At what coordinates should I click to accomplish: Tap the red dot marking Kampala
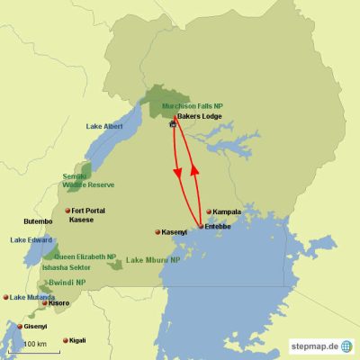point(209,212)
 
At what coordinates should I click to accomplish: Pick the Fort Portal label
point(90,211)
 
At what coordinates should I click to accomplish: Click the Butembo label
point(38,220)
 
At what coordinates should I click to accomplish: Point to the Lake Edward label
point(31,240)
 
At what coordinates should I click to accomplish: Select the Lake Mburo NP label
point(152,260)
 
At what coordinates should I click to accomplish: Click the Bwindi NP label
point(67,282)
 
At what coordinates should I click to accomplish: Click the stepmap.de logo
point(320,346)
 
